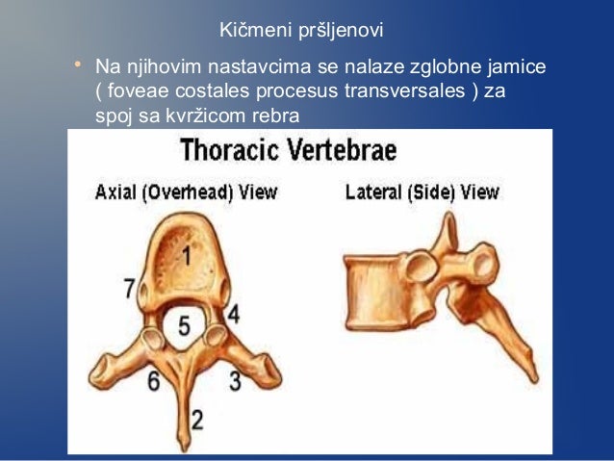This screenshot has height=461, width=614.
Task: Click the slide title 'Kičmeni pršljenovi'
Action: pyautogui.click(x=301, y=31)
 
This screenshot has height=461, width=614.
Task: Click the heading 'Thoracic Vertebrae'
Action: pyautogui.click(x=289, y=152)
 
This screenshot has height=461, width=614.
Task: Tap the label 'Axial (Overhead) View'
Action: pyautogui.click(x=186, y=192)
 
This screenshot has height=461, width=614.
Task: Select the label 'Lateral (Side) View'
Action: pyautogui.click(x=422, y=192)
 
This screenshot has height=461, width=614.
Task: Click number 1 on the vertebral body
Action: pyautogui.click(x=185, y=257)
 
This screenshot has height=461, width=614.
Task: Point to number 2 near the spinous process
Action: pyautogui.click(x=197, y=420)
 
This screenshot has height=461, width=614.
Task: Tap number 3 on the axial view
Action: pyautogui.click(x=234, y=379)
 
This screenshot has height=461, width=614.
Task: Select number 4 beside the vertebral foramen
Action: pyautogui.click(x=234, y=314)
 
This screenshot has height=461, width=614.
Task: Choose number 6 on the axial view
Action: pyautogui.click(x=153, y=380)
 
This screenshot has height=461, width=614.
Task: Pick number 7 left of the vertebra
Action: pyautogui.click(x=130, y=289)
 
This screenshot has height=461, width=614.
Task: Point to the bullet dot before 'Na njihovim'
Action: pyautogui.click(x=76, y=67)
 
